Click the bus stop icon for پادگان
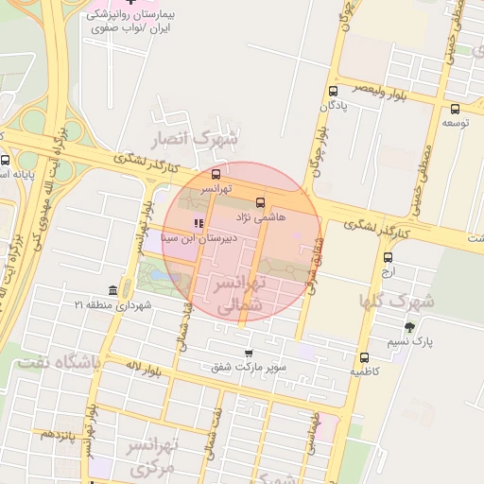pyautogui.click(x=333, y=92)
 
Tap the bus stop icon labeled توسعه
pyautogui.click(x=456, y=109)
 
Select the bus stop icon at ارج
pyautogui.click(x=389, y=257)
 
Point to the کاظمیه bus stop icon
pyautogui.click(x=364, y=357)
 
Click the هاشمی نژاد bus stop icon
pyautogui.click(x=260, y=202)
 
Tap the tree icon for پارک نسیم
pyautogui.click(x=409, y=326)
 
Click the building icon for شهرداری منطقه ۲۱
pyautogui.click(x=113, y=289)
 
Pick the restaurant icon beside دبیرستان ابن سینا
pyautogui.click(x=198, y=224)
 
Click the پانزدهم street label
pyautogui.click(x=57, y=433)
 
